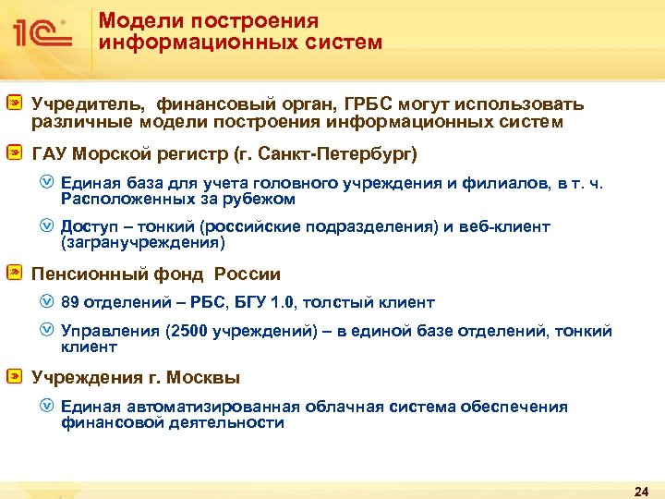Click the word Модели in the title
click(129, 20)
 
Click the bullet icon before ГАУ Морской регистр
click(14, 152)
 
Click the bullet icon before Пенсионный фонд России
click(14, 274)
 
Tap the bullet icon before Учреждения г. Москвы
click(14, 377)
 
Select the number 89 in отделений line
click(70, 302)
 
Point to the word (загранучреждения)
click(142, 243)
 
